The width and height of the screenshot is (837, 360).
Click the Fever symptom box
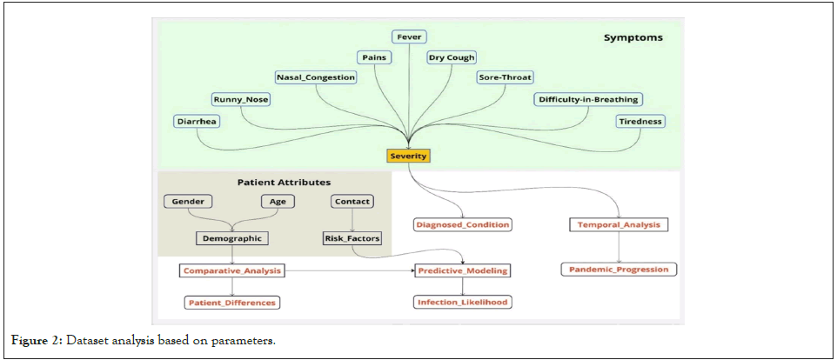[x=408, y=37]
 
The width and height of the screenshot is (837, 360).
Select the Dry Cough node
[x=452, y=57]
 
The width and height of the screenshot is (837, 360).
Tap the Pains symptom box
[x=374, y=57]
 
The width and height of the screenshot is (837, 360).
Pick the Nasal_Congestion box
[x=316, y=77]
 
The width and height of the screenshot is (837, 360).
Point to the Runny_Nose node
[x=241, y=99]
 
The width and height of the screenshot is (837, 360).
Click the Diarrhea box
[x=196, y=122]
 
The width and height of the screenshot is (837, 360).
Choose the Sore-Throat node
[x=506, y=77]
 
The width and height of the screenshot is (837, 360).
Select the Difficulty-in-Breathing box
[x=587, y=99]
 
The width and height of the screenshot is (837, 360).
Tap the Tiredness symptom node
[x=640, y=122]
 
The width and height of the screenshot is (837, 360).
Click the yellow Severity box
[x=408, y=156]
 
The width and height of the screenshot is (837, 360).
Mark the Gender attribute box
[x=188, y=202]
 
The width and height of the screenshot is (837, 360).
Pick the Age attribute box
[x=278, y=202]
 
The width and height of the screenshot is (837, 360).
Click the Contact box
[x=352, y=202]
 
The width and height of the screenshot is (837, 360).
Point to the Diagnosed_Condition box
[x=462, y=224]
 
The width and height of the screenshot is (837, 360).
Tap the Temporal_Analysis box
[x=619, y=224]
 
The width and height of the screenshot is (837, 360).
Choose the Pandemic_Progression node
[x=619, y=270]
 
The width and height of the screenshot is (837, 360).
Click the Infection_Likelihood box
[x=461, y=303]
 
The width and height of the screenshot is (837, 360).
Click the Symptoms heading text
[x=633, y=38]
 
